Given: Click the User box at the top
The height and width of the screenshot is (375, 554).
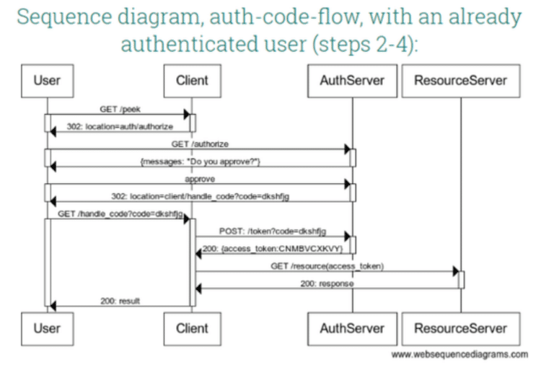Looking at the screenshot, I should pyautogui.click(x=47, y=80).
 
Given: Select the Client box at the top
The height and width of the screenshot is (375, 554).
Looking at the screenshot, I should pyautogui.click(x=192, y=80).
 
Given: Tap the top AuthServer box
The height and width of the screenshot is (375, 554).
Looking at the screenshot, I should pyautogui.click(x=352, y=80).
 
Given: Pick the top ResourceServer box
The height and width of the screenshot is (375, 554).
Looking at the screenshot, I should pyautogui.click(x=460, y=80).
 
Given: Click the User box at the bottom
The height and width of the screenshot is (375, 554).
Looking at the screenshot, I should pyautogui.click(x=47, y=328).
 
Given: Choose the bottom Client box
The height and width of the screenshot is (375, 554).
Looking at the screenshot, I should pyautogui.click(x=192, y=328).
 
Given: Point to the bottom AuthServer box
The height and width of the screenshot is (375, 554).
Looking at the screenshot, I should pyautogui.click(x=352, y=328).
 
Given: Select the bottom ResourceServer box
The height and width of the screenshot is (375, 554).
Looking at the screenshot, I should pyautogui.click(x=460, y=328).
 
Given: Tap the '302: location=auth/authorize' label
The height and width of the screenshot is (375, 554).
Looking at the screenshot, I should pyautogui.click(x=119, y=126).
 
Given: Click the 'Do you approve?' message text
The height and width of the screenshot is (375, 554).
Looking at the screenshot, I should pyautogui.click(x=200, y=162).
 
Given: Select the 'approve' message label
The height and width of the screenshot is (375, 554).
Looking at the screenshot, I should pyautogui.click(x=200, y=178).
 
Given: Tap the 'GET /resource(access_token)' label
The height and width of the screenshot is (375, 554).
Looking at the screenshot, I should pyautogui.click(x=327, y=266).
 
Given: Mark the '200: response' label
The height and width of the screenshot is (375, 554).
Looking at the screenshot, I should pyautogui.click(x=327, y=284).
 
